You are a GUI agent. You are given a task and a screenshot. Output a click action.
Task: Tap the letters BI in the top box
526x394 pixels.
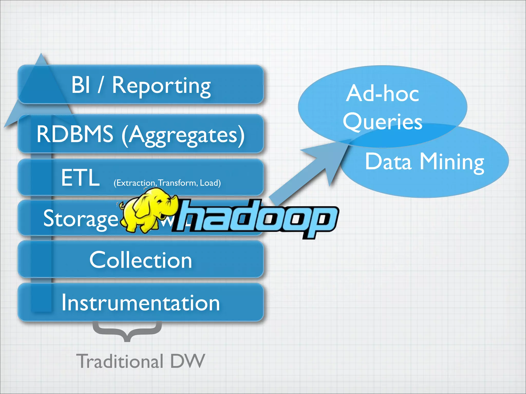[x=81, y=85]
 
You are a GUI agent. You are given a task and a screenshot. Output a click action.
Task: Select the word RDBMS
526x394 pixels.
[x=75, y=134]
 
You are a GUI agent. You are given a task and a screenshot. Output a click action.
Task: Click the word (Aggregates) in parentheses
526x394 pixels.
[x=183, y=135]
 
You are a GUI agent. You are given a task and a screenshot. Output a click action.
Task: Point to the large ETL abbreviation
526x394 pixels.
[x=80, y=178]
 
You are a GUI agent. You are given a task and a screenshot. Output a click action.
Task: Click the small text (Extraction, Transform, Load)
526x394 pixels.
[x=167, y=183]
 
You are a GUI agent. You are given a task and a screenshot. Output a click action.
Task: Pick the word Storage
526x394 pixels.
[x=80, y=219]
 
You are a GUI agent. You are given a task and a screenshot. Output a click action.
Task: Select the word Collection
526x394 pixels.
[x=140, y=260]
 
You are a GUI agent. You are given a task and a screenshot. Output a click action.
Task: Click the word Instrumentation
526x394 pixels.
[x=140, y=303]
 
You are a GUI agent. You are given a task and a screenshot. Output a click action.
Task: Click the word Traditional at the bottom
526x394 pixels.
[x=120, y=361]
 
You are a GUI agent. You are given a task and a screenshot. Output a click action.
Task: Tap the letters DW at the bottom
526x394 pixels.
[x=187, y=361]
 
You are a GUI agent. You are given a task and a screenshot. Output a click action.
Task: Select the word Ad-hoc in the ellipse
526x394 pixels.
[x=382, y=93]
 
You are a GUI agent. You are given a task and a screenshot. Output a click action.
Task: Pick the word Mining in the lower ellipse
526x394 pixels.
[x=452, y=162]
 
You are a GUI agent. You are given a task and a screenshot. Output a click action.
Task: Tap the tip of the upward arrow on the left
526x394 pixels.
[x=41, y=55]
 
